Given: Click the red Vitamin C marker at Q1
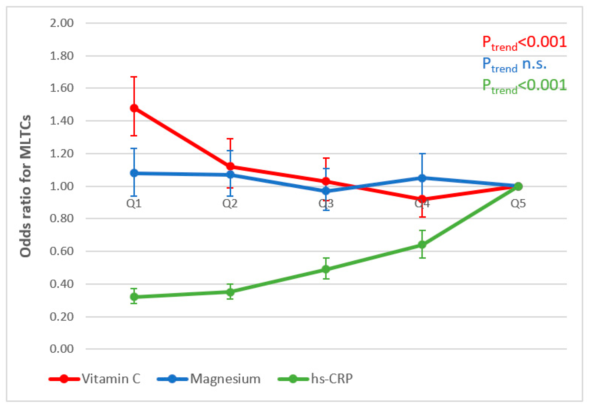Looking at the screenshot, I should coord(134,108).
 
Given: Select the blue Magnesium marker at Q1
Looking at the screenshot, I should coord(134,173).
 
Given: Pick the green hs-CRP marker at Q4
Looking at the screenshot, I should coord(422,245).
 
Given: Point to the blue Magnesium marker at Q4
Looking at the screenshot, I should coord(422,178).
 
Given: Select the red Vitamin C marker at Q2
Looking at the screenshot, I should coord(230,167).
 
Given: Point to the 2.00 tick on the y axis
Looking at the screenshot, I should coord(61,23).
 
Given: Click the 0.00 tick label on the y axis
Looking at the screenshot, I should coord(61,349).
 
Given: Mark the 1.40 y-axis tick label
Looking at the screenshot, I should coord(61,121).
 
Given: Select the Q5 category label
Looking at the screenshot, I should coord(518,203).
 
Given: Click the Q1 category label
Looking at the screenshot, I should coord(134,203).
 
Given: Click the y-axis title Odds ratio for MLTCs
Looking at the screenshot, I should coord(26,186).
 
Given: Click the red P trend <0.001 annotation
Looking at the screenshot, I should coord(524,43).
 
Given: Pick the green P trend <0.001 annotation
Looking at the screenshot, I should coord(524,86).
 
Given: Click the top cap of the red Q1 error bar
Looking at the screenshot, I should coord(134,77).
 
